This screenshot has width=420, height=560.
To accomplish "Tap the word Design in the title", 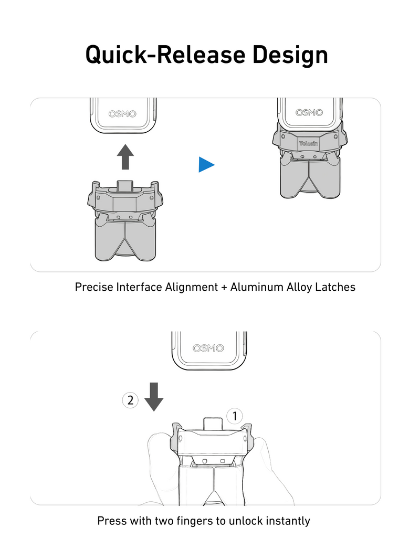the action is pos(290,55).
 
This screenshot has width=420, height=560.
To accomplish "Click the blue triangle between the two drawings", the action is pos(206,165).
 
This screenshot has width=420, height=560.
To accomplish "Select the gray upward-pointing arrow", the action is pos(125,157).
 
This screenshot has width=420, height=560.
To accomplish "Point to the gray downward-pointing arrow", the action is pos(154,397).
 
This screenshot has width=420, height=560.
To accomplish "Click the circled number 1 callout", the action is pos(235,416).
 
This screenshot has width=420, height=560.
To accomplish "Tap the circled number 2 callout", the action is pos(130,400).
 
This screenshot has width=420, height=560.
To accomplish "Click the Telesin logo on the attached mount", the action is pos(309,144).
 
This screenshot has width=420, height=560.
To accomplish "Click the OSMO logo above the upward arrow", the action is pos(122,114).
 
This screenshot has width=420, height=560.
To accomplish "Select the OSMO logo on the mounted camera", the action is pos(309,112).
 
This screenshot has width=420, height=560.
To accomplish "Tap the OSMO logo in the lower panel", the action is pos(208,348).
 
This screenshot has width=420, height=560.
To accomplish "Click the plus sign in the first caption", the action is pos(224,288).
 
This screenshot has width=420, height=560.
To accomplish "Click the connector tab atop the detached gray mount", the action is pos(125,185).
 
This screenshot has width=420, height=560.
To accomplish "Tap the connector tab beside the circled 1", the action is pos(213,424).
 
